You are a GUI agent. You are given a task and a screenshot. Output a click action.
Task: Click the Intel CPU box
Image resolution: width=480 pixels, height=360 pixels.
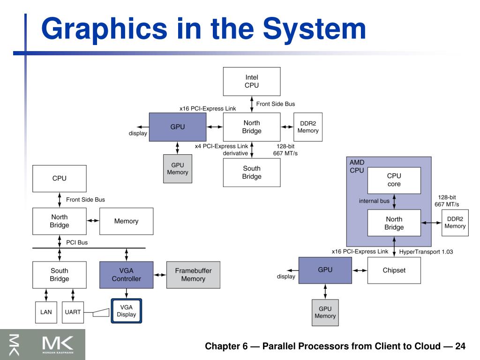pos(252,82)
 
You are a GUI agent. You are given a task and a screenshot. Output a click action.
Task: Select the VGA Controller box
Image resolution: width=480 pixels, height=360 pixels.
pos(127,275)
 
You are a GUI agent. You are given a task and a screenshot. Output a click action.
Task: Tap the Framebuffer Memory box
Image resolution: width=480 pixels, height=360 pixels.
pos(193,275)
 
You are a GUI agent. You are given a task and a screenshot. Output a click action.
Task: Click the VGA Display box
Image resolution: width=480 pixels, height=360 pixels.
pos(127,311)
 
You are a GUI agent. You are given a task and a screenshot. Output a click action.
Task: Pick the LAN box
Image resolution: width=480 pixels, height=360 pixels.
pos(46,312)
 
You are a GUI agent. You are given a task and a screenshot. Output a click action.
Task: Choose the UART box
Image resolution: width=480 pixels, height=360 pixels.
pos(73,312)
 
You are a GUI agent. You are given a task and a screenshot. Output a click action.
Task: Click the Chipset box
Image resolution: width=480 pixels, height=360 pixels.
pos(394,270)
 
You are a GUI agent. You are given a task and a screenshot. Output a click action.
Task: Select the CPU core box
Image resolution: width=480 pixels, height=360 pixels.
pos(394,180)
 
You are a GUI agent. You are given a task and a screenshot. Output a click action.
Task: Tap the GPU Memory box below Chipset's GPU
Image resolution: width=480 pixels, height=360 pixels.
pos(325,313)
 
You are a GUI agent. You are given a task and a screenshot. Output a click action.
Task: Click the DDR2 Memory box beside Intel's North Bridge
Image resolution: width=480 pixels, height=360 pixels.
pos(308,127)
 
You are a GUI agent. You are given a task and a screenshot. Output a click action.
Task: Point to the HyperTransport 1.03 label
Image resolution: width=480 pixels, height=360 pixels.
pos(426,252)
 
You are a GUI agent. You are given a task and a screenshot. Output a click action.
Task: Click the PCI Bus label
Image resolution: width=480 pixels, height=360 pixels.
pos(77,242)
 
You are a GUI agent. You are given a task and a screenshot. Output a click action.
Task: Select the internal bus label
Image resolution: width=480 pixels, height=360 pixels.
pos(374,201)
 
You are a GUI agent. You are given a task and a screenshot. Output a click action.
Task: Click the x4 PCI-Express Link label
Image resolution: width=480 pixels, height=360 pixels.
pos(221,146)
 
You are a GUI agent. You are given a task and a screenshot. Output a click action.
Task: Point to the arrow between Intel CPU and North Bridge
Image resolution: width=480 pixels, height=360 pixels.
pos(252,104)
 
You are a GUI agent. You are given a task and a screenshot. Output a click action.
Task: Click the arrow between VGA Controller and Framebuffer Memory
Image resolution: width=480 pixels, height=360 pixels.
pos(160,275)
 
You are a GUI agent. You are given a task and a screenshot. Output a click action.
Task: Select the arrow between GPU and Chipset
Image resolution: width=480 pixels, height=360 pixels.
pos(360,270)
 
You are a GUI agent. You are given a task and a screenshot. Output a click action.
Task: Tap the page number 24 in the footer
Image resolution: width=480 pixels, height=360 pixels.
pos(460,346)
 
